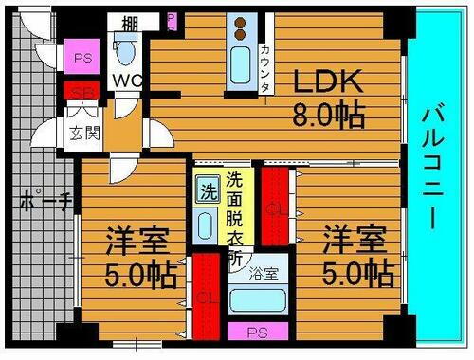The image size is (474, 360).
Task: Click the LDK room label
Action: click(x=326, y=81)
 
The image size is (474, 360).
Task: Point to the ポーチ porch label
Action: click(x=42, y=201)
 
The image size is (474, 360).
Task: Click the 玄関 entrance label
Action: click(x=80, y=135)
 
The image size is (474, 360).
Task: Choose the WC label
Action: click(x=128, y=81)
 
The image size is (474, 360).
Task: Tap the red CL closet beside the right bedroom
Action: click(x=275, y=207)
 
